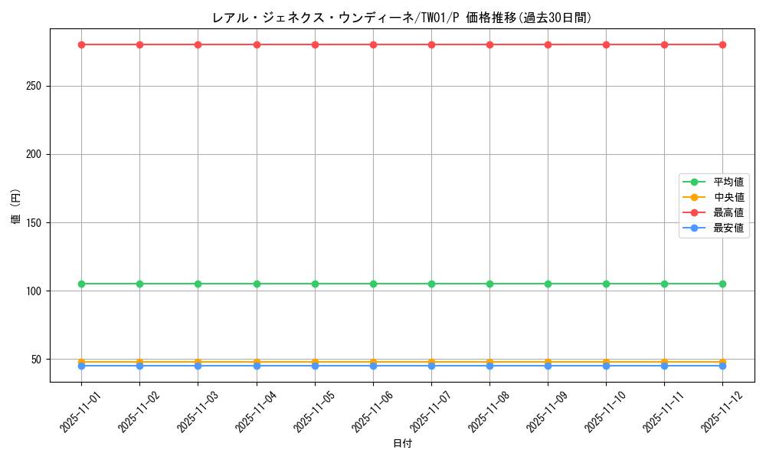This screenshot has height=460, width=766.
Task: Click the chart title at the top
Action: (x=401, y=18)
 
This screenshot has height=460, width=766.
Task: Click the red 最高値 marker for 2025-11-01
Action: (x=81, y=44)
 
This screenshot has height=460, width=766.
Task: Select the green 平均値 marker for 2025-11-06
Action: (x=373, y=284)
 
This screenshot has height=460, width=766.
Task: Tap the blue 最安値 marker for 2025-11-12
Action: (x=722, y=366)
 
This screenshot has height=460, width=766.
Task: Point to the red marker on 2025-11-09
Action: (x=548, y=44)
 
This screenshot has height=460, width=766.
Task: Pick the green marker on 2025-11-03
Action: (x=198, y=284)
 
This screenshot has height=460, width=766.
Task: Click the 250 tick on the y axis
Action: (x=33, y=86)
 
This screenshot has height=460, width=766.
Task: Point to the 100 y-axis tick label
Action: (x=33, y=291)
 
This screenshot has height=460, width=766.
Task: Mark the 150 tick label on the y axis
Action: (x=33, y=223)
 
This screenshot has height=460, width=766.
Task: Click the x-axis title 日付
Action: (x=401, y=444)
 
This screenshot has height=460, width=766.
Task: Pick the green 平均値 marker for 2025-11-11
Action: (x=664, y=284)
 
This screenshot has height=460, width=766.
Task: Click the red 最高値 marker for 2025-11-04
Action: (x=257, y=44)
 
